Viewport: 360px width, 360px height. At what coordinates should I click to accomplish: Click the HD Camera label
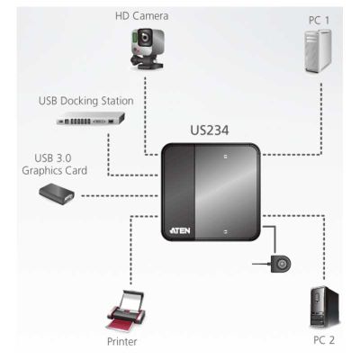pos(141,16)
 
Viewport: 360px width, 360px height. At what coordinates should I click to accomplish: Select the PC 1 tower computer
pos(318,51)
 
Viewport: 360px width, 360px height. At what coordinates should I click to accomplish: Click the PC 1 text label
pos(319,21)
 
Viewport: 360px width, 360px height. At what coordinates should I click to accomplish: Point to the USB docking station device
pos(91,118)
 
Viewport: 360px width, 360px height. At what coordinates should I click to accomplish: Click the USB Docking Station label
pos(86,101)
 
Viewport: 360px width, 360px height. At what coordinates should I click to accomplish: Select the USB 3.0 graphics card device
pos(57,194)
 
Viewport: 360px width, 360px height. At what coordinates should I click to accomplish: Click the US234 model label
pos(210,130)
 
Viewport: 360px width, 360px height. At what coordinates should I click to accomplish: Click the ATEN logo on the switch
pos(180,230)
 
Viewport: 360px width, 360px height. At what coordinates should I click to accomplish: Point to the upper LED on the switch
pos(226,157)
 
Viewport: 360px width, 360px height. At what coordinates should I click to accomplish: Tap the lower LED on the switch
pos(226,231)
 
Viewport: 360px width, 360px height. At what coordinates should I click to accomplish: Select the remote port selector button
pos(281,264)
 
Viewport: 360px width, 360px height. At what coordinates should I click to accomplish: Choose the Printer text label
pos(121,342)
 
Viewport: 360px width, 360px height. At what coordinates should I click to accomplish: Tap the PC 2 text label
pos(324,340)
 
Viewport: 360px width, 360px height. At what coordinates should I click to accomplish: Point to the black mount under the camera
pos(146,61)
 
